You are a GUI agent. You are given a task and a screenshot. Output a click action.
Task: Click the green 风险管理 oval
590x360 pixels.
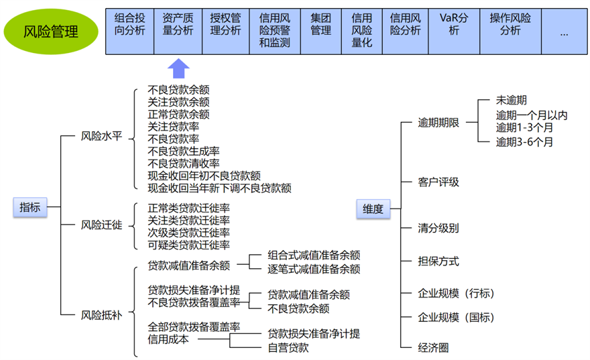[50, 31]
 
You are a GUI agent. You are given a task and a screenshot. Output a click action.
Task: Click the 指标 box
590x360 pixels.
[29, 207]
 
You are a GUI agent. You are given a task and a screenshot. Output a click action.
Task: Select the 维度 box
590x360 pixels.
[373, 209]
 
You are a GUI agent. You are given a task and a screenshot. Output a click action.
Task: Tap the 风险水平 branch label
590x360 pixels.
[101, 137]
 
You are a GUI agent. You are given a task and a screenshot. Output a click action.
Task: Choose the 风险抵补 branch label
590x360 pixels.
[101, 314]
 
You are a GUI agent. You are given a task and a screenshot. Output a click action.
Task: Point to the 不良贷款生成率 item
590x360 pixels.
[183, 152]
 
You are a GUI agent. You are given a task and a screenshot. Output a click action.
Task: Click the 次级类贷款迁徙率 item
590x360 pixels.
[188, 233]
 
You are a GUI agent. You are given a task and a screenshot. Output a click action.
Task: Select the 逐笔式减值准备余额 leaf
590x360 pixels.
[314, 269]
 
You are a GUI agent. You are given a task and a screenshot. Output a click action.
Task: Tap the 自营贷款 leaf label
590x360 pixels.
[288, 347]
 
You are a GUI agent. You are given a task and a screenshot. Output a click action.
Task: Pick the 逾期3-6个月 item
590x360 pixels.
[524, 141]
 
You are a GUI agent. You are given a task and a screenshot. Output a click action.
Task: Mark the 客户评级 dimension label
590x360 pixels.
[438, 182]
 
